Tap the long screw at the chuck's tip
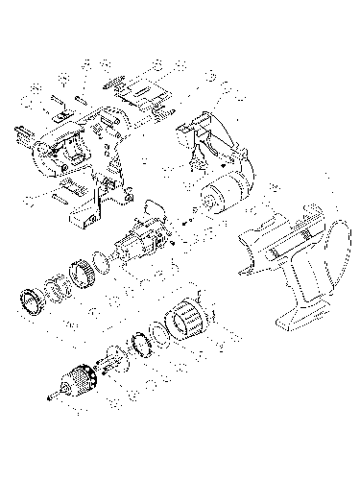(51, 395)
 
